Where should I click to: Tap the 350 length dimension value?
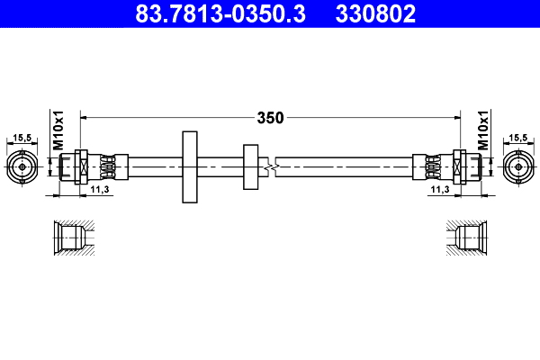pyautogui.click(x=270, y=118)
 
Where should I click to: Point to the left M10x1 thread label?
pyautogui.click(x=58, y=131)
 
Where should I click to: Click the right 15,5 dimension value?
pyautogui.click(x=518, y=138)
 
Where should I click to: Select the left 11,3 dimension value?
pyautogui.click(x=100, y=191)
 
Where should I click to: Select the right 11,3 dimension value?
pyautogui.click(x=439, y=191)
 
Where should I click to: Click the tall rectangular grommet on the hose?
pyautogui.click(x=190, y=166)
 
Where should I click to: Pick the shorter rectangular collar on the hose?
pyautogui.click(x=250, y=166)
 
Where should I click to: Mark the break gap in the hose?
pyautogui.click(x=272, y=166)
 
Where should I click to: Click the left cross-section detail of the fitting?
pyautogui.click(x=70, y=238)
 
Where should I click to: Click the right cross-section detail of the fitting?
pyautogui.click(x=468, y=238)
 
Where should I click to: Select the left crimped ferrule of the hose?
pyautogui.click(x=107, y=166)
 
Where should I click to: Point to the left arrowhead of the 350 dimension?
pyautogui.click(x=85, y=117)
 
